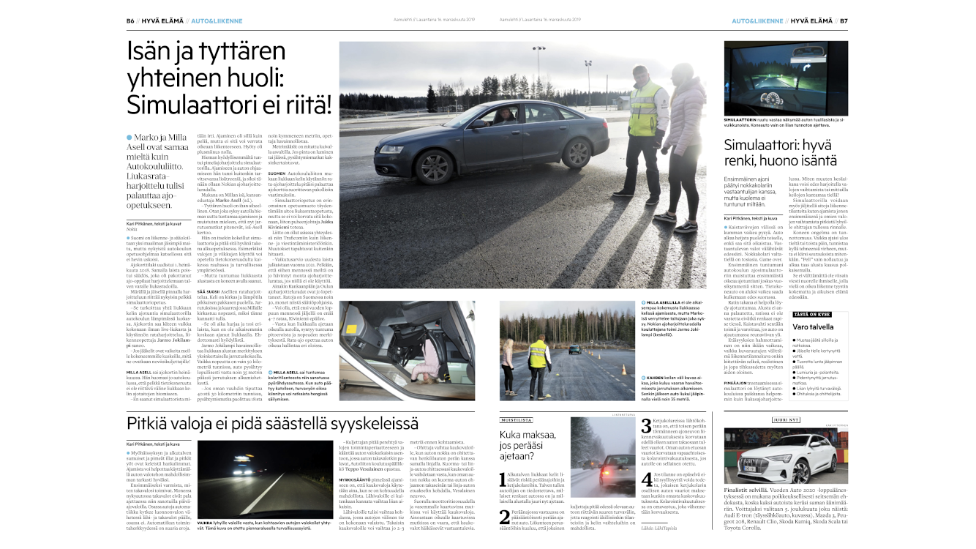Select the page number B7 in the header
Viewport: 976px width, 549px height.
(x=843, y=20)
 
